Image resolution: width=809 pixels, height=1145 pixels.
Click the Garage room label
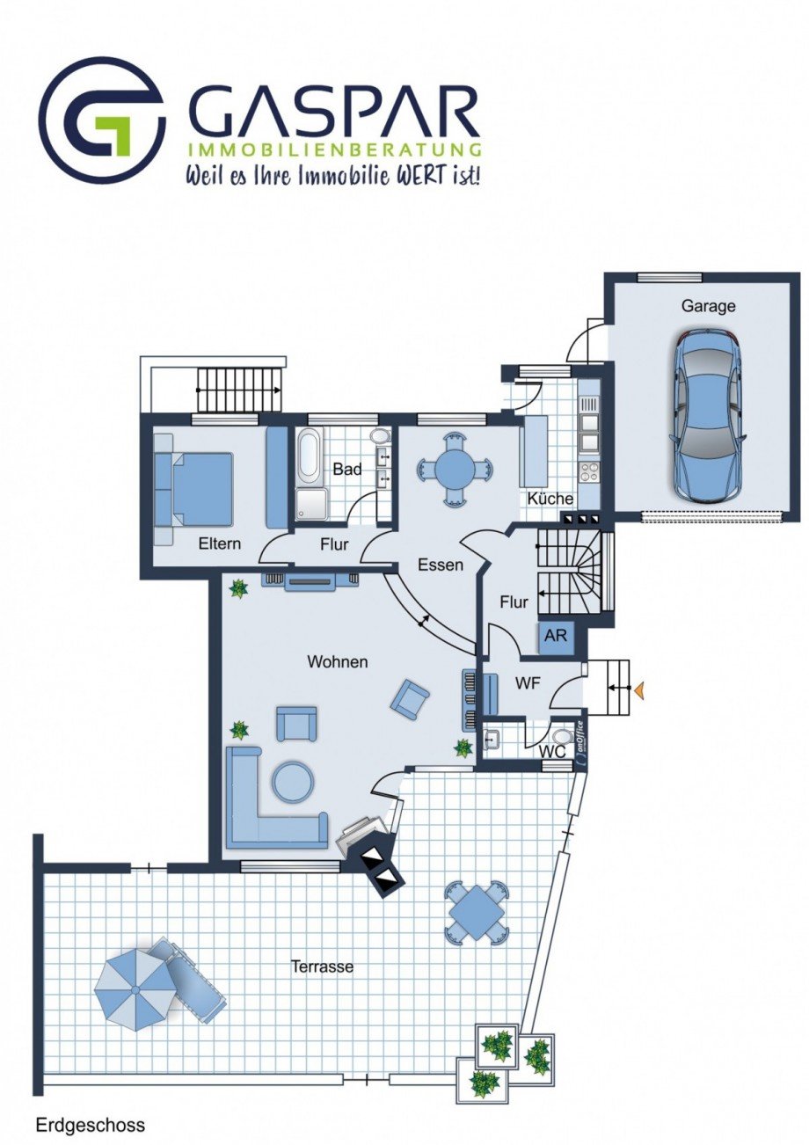(x=708, y=306)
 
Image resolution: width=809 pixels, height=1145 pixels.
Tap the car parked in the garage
(x=708, y=415)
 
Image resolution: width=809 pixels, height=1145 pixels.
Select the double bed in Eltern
(x=195, y=488)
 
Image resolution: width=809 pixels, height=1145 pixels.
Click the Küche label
(x=550, y=499)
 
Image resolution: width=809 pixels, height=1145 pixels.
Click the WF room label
(x=528, y=683)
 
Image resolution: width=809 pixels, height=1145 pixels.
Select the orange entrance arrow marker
(x=638, y=690)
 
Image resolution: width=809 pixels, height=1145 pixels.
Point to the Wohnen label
(x=338, y=661)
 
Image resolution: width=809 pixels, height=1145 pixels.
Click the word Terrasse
(x=322, y=966)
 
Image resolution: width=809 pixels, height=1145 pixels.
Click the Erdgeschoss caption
(x=91, y=1121)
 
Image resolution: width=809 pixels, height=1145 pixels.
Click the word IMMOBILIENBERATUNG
(x=335, y=150)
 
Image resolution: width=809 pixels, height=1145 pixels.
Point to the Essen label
(x=441, y=565)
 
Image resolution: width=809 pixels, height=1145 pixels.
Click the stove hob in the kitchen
(x=588, y=471)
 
